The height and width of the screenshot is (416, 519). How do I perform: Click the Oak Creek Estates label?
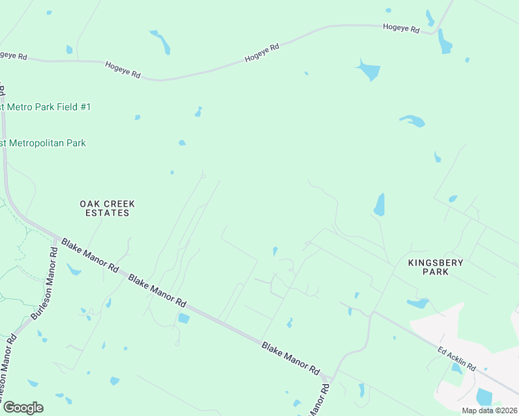click(107, 208)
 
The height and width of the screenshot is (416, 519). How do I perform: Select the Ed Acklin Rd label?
click(457, 358)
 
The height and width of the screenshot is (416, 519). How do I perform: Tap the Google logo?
click(22, 408)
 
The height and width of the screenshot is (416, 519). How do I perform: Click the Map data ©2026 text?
click(489, 410)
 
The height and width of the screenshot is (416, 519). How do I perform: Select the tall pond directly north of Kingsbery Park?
click(380, 205)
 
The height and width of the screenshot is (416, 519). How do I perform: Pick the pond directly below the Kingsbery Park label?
click(418, 303)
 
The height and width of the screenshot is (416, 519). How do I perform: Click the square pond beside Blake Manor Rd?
click(183, 318)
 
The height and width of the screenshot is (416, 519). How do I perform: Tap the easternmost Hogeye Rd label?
click(401, 29)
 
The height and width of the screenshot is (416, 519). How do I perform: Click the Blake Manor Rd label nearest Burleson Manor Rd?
click(90, 255)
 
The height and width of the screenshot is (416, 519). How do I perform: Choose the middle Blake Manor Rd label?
click(158, 292)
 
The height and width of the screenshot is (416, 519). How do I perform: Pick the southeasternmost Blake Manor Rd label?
click(290, 358)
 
